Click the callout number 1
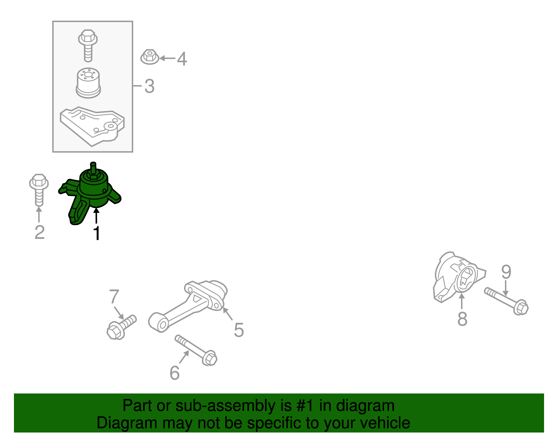[x=97, y=233]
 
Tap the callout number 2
[x=39, y=232]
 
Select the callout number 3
[x=150, y=86]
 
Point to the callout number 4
[x=182, y=59]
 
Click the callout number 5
[x=239, y=330]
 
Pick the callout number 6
[x=175, y=373]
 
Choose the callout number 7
[x=114, y=296]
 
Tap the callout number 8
[x=462, y=319]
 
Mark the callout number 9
[x=506, y=272]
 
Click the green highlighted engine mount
[x=90, y=194]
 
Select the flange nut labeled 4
[x=150, y=57]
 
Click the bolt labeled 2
[x=39, y=190]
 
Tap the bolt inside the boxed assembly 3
[x=88, y=46]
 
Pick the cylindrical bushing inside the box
[x=88, y=83]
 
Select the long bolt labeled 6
[x=196, y=350]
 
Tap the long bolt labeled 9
[x=506, y=301]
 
